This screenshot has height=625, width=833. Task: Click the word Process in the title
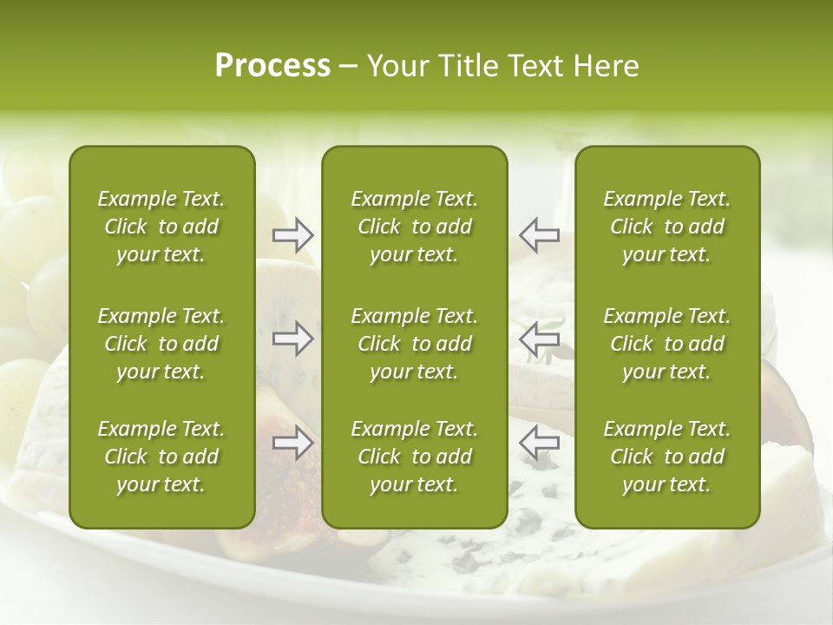click(272, 66)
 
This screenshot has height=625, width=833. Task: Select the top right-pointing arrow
click(293, 235)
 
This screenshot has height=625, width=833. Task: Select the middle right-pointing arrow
click(293, 338)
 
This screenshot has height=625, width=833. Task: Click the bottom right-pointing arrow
click(293, 444)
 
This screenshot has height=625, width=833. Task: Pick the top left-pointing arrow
click(539, 235)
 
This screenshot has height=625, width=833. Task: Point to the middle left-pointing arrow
click(539, 338)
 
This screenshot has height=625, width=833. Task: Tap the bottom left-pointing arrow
click(539, 444)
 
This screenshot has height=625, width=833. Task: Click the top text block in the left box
click(161, 227)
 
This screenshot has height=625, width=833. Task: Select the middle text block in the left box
click(161, 344)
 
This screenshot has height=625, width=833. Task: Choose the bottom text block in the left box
click(161, 457)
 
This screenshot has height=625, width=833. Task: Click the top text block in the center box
click(414, 227)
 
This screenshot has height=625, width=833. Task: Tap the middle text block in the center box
click(414, 344)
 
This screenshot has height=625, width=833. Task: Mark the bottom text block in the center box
click(414, 457)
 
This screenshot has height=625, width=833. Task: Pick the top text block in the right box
click(666, 227)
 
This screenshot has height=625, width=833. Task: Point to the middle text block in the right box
click(666, 344)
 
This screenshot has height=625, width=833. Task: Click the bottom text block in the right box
click(666, 457)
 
